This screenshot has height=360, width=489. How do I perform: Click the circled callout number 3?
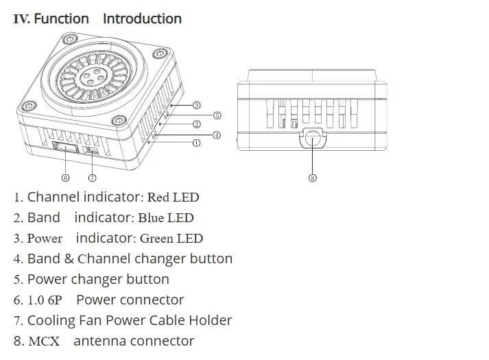pos(196,106)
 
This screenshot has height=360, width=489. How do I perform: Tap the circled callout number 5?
pos(217,115)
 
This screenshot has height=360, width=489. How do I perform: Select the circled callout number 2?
pos(196,124)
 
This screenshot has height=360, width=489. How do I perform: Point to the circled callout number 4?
pos(217,135)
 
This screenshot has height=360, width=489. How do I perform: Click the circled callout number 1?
pos(196,143)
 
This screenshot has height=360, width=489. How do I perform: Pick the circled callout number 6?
pos(65,178)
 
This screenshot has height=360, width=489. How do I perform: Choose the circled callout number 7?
pos(93,178)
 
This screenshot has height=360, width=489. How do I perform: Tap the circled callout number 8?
pos(313,178)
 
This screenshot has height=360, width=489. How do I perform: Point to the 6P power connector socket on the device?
pos(65,147)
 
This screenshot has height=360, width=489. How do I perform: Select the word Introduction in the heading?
pos(142,19)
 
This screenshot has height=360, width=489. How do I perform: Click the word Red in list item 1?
pos(158,197)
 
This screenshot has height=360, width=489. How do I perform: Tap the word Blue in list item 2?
pos(151,218)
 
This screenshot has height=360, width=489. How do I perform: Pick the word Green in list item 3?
pos(156,239)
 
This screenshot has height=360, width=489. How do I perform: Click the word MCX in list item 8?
pos(44,341)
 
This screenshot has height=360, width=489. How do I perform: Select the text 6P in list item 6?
pos(55,300)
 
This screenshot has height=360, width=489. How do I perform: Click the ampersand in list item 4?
pos(69,259)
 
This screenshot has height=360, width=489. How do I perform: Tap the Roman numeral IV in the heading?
pos(21,19)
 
